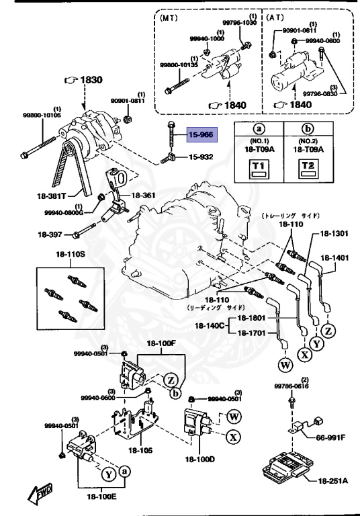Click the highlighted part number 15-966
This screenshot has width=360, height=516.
click(201, 135)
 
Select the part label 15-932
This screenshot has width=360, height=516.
click(201, 157)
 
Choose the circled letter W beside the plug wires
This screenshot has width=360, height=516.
click(283, 365)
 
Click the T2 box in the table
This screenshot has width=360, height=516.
click(309, 167)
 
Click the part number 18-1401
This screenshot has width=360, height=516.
click(335, 257)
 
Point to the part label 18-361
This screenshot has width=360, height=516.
click(142, 196)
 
